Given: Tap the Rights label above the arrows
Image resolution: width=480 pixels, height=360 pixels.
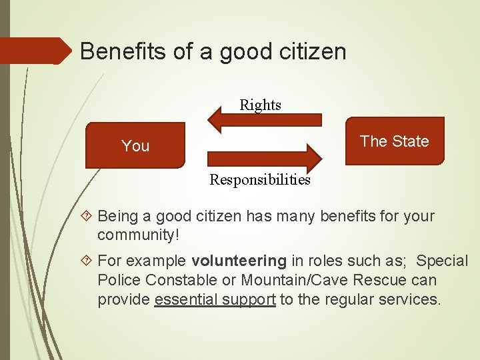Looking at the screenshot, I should pos(261,105).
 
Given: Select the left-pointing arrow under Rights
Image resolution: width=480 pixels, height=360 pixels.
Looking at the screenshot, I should pos(265,121).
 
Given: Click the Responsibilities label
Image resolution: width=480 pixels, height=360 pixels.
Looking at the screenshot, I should pos(260,180).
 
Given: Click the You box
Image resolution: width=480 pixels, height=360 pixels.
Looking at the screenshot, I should pos(135,145).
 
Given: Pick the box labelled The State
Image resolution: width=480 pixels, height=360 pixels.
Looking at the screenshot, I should pos(395,141).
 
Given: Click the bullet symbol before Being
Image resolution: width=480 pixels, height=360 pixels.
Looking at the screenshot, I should pos(88,217).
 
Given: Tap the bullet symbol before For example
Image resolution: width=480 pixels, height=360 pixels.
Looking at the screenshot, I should pos(88,261).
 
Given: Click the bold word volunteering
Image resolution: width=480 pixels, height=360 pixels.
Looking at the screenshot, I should pos(239,261).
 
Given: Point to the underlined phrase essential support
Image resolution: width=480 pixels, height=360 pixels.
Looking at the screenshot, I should pos(215,300).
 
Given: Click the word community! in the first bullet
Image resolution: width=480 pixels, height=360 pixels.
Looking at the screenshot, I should pos(138,235).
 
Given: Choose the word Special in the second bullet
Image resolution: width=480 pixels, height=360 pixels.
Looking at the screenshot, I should pos(442,261).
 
